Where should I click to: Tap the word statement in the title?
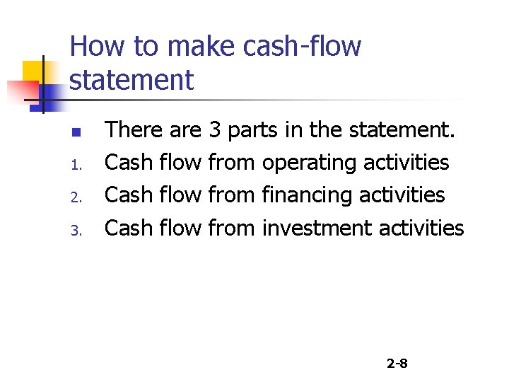point(131,80)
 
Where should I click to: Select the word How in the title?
point(96,47)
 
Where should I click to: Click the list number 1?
point(81,166)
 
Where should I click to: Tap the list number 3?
point(81,230)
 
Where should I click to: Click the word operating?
point(309,163)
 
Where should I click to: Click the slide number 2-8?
point(397,364)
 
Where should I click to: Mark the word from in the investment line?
point(232,228)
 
